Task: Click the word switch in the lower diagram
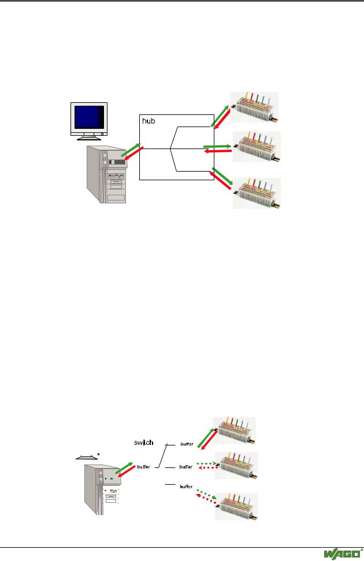[143, 443]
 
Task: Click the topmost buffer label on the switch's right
[187, 444]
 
